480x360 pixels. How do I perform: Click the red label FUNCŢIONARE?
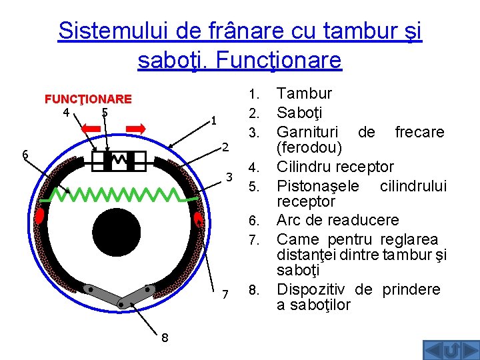point(88,99)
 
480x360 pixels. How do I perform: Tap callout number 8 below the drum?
point(164,337)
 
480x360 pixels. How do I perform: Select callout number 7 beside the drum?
point(225,294)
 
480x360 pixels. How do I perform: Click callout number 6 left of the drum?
point(24,155)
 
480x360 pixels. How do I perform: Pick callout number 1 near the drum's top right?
point(213,121)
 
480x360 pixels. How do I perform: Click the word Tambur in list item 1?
point(304,93)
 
